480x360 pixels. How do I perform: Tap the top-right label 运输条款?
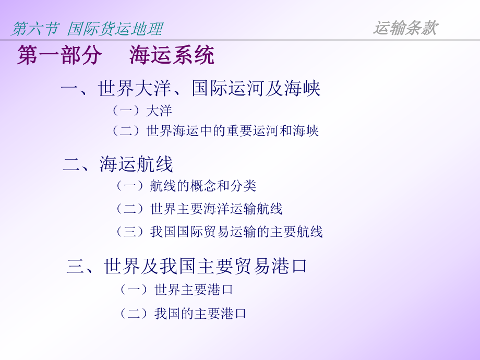coord(405,28)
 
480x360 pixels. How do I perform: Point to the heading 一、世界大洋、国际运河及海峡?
coord(190,89)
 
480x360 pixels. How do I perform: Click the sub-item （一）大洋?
coord(141,111)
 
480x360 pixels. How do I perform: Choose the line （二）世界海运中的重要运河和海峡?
coord(215,130)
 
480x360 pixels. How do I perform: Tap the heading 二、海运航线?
coord(118,165)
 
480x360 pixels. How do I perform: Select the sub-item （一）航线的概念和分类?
coord(186,186)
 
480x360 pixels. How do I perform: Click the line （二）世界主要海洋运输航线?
coord(199,209)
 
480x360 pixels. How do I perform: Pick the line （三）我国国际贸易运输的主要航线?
coord(219,232)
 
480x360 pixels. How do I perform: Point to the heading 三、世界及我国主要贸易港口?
coord(187,267)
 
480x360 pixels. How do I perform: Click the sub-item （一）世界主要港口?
coord(176,290)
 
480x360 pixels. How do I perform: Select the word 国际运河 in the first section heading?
coord(228,89)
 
